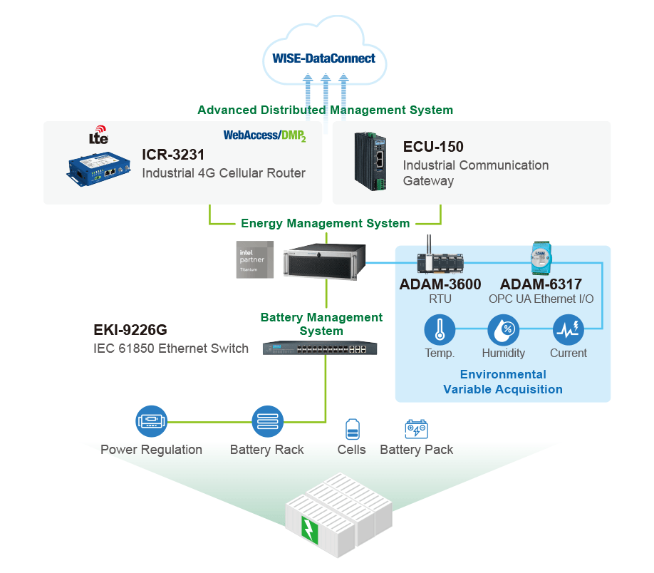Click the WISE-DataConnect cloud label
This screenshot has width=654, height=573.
tap(323, 58)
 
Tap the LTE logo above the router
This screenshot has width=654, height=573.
tap(99, 135)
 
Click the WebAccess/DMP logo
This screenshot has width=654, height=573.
tap(264, 135)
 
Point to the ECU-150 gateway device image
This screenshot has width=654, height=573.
tap(370, 161)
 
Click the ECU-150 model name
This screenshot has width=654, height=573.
tap(433, 147)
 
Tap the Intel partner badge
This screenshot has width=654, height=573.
tap(255, 259)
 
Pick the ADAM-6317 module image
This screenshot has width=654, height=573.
tap(541, 257)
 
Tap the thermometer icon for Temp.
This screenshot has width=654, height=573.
tap(440, 329)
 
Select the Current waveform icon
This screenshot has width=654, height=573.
tap(568, 329)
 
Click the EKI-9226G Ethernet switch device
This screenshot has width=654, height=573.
tap(320, 348)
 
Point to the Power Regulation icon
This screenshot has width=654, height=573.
tap(152, 421)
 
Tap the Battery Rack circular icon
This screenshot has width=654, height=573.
tap(268, 421)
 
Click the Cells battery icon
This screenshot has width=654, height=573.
tap(353, 429)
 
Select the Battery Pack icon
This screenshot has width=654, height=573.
tap(416, 428)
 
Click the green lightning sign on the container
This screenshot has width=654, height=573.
tap(309, 530)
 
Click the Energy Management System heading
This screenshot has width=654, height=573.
tap(326, 223)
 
